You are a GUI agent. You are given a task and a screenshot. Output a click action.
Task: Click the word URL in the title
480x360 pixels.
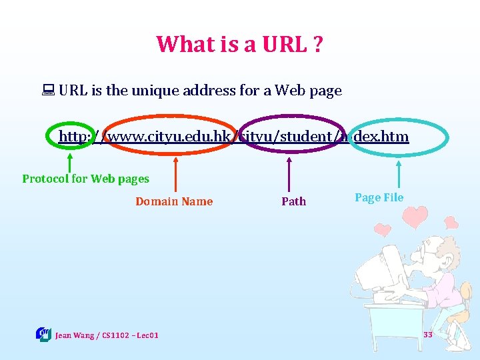(x=271, y=44)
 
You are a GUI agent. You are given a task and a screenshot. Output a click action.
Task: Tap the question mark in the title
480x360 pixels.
(x=316, y=44)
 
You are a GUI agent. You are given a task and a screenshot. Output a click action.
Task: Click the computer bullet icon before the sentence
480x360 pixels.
(x=49, y=91)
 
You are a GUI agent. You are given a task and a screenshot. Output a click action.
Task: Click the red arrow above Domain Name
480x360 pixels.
(x=175, y=175)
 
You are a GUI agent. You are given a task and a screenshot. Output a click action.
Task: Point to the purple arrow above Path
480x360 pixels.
(x=289, y=175)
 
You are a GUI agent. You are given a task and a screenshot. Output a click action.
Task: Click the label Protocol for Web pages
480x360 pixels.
(x=85, y=179)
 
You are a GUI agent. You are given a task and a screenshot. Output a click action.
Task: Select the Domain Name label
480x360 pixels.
(x=174, y=201)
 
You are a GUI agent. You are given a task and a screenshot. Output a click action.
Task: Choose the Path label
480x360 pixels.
(x=293, y=201)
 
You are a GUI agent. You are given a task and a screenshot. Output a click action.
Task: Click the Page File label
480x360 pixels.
(x=379, y=197)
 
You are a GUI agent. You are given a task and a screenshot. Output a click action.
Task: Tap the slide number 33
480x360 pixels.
(x=428, y=334)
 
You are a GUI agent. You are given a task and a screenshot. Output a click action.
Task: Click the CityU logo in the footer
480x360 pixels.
(x=43, y=334)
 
